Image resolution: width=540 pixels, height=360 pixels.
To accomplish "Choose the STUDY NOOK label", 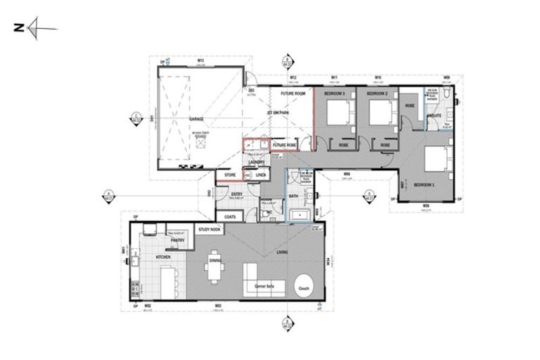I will pyautogui.click(x=209, y=229).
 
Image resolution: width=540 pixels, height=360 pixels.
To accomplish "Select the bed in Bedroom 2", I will pyautogui.click(x=380, y=112).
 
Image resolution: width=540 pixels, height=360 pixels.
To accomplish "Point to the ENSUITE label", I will pyautogui.click(x=434, y=115).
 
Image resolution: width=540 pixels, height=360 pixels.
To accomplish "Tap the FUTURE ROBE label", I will pyautogui.click(x=283, y=144).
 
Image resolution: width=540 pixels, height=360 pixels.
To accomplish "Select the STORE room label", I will pyautogui.click(x=229, y=174).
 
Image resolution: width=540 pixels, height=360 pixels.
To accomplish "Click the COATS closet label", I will pyautogui.click(x=229, y=217).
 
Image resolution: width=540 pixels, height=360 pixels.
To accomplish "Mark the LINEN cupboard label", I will pyautogui.click(x=260, y=174).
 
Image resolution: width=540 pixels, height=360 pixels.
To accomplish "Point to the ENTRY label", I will pyautogui.click(x=237, y=195).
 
